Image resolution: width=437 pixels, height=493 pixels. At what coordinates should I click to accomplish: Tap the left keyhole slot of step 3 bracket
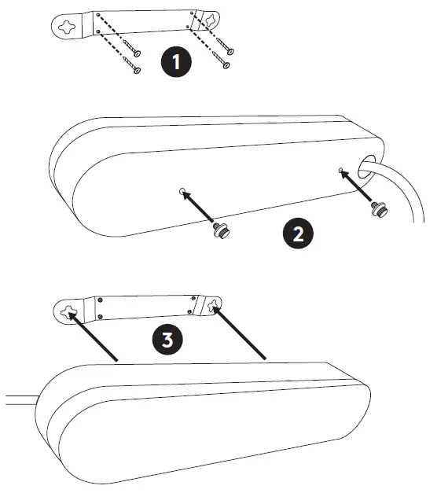point(69,314)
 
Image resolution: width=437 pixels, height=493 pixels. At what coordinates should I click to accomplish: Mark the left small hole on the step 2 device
point(182,191)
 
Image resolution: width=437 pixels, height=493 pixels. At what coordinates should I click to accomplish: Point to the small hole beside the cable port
point(340,170)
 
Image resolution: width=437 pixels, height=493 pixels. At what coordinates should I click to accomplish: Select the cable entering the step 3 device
point(20,398)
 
